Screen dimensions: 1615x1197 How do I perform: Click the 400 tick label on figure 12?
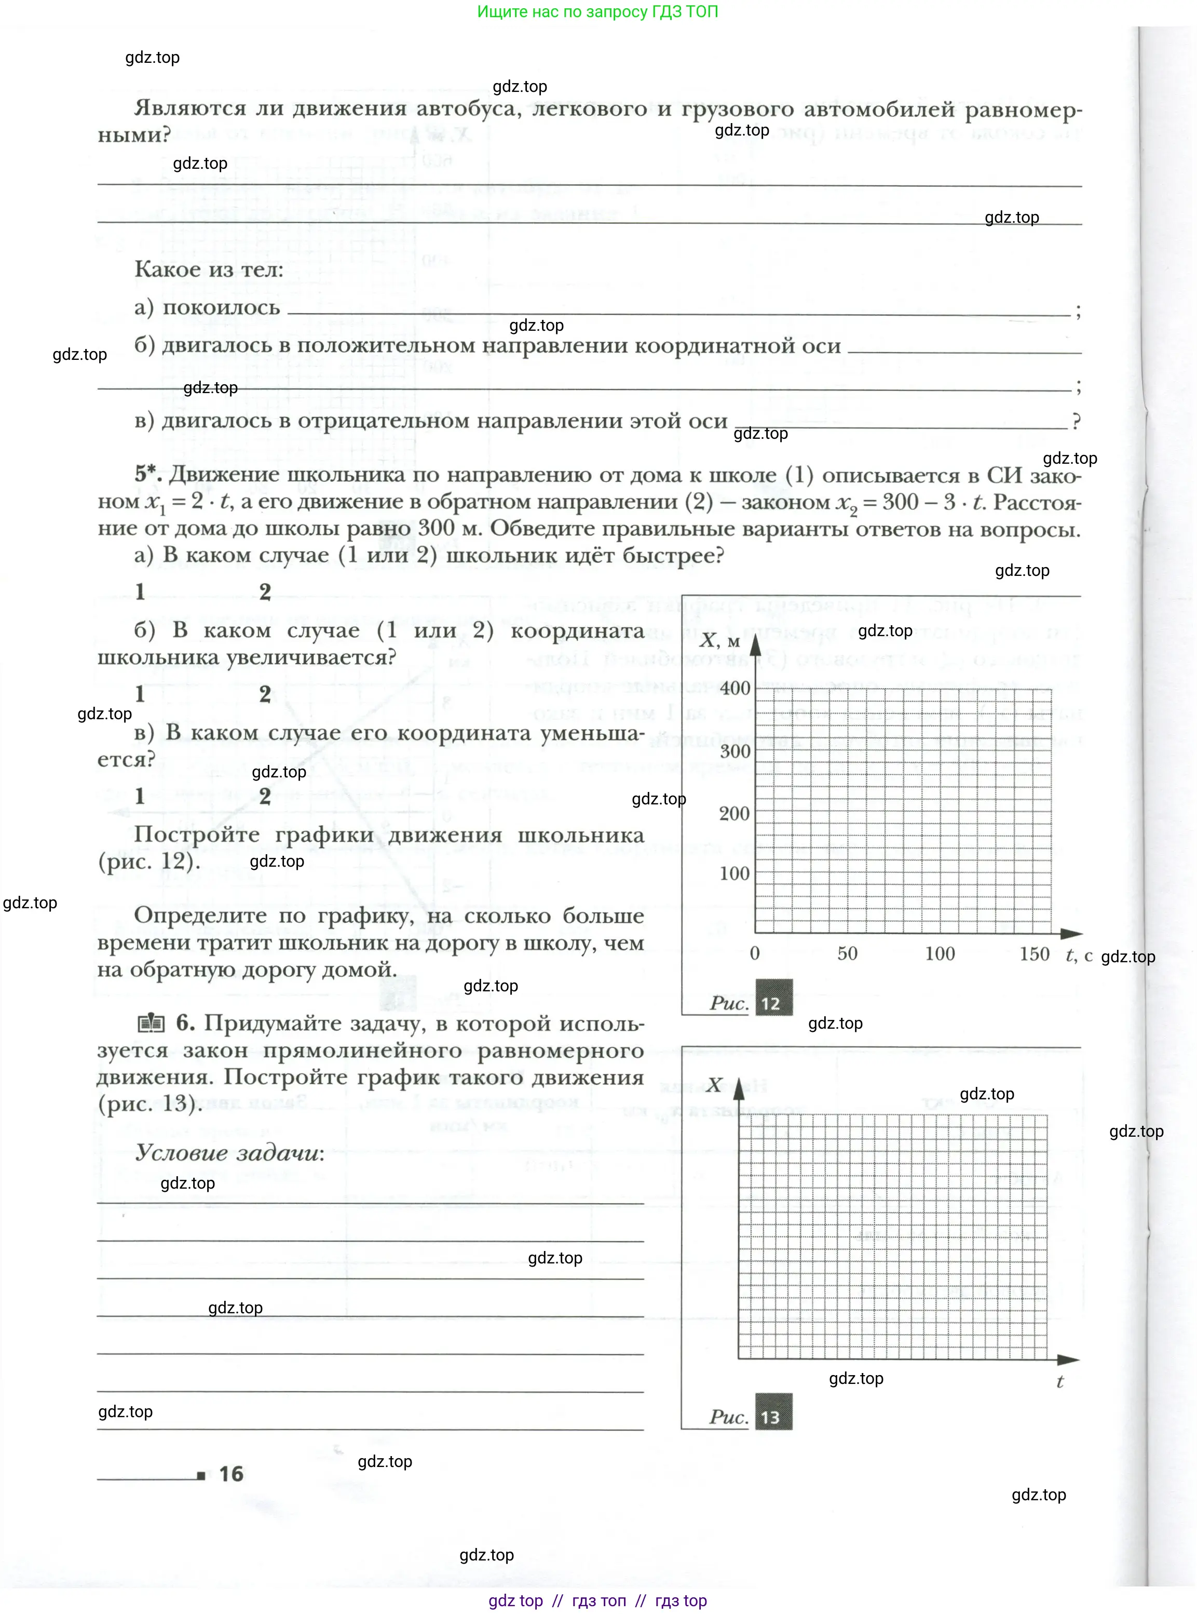tap(734, 688)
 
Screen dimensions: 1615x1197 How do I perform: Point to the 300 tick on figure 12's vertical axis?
tap(734, 751)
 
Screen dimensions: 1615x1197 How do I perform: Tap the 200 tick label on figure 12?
tap(734, 813)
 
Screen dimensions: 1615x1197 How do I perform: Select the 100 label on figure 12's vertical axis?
tap(734, 873)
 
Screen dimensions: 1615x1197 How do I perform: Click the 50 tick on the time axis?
tap(847, 953)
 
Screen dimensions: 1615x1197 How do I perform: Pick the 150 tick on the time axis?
tap(1034, 953)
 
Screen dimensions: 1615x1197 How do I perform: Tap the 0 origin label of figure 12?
tap(754, 953)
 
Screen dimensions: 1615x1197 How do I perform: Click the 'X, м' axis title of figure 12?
tap(719, 641)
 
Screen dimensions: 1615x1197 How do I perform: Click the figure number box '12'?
tap(773, 1003)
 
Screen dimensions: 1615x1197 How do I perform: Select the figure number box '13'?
tap(773, 1417)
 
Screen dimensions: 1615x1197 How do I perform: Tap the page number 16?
tap(231, 1474)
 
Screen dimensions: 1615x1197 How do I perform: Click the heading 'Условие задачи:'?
tap(229, 1152)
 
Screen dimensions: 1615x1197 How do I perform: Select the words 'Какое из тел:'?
tap(209, 270)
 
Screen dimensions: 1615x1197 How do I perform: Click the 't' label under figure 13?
tap(1059, 1382)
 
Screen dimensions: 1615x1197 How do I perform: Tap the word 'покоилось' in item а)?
tap(221, 307)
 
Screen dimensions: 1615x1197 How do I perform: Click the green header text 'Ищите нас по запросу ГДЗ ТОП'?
tap(598, 11)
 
